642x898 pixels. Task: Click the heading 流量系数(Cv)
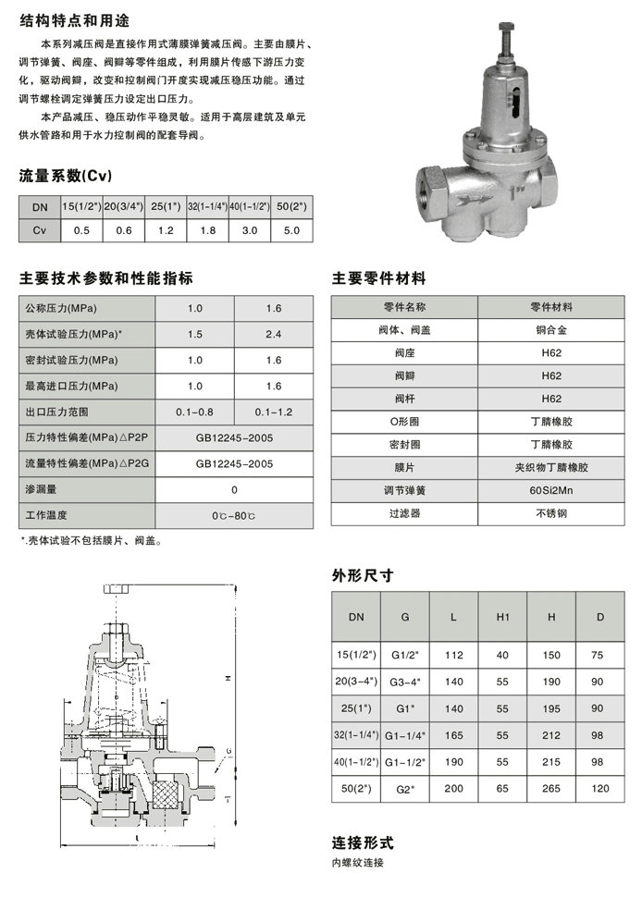click(66, 176)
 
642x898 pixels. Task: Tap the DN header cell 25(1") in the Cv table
click(166, 207)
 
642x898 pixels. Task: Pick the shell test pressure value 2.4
click(273, 334)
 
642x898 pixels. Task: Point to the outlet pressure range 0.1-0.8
click(194, 411)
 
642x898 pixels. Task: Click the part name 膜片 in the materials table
click(404, 467)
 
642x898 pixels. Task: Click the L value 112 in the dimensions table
click(453, 655)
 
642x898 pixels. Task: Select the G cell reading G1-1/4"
click(403, 733)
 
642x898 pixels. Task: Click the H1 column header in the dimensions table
click(502, 616)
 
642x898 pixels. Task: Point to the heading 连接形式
click(363, 843)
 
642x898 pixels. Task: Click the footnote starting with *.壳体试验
click(90, 541)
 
